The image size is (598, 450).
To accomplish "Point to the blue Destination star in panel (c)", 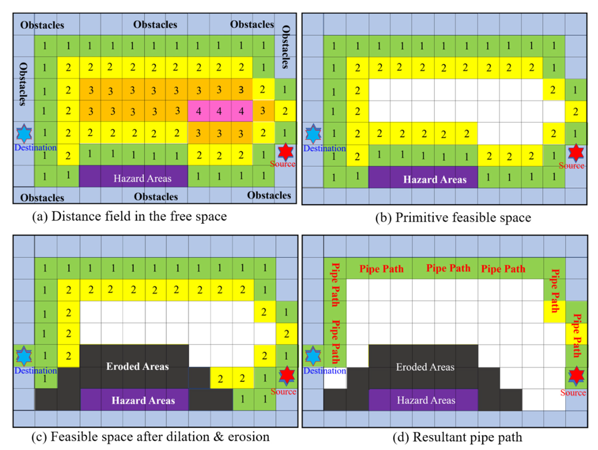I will [x=24, y=355].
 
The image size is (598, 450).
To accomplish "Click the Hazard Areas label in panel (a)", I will [x=142, y=179].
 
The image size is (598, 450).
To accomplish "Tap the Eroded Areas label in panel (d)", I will [x=425, y=367].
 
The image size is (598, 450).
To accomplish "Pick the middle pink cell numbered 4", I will [x=219, y=111].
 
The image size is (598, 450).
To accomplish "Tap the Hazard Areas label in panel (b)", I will [x=435, y=180].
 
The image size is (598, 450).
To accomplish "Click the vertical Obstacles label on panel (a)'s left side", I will [x=24, y=84].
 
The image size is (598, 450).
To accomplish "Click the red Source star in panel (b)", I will [x=575, y=153].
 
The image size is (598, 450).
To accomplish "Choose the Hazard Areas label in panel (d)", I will [x=426, y=400].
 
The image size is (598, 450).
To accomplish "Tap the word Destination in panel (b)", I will [x=324, y=148].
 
